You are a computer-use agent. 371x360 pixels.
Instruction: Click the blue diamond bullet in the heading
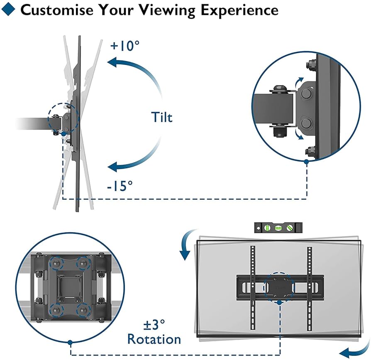pyautogui.click(x=11, y=10)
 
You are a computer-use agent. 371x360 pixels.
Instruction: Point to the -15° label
pyautogui.click(x=120, y=186)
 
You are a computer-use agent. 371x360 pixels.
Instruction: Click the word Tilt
pyautogui.click(x=161, y=117)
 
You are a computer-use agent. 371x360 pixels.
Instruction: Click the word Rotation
pyautogui.click(x=154, y=339)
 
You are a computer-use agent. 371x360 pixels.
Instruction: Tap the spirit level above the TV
pyautogui.click(x=278, y=228)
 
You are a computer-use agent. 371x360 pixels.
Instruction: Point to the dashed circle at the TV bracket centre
pyautogui.click(x=279, y=286)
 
